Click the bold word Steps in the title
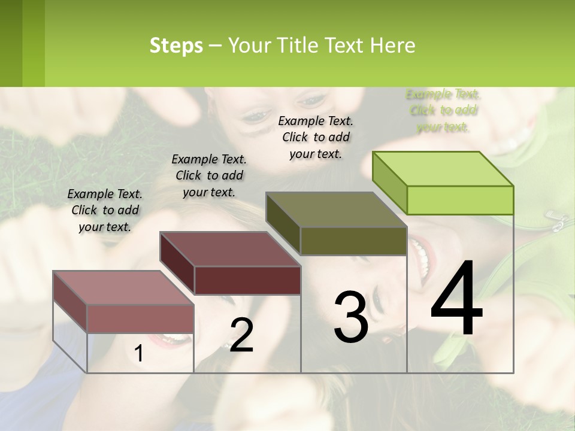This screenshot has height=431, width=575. (x=176, y=45)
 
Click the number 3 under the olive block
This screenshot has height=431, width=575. (x=351, y=317)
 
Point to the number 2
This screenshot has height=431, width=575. (x=241, y=335)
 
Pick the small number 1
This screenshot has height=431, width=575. (x=139, y=353)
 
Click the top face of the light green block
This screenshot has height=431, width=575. (x=443, y=169)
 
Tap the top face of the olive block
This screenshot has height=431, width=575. (x=336, y=210)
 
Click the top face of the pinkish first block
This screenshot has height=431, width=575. (x=123, y=288)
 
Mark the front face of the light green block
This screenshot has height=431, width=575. (x=460, y=200)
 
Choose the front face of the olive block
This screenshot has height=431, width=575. (x=353, y=241)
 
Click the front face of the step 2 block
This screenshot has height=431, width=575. (x=247, y=280)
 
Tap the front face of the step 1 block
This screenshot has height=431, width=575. (x=141, y=318)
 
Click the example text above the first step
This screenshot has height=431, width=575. (x=105, y=210)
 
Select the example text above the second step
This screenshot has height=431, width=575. (x=209, y=175)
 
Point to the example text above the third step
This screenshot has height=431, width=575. (x=316, y=137)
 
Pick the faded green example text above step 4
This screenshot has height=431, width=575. (x=443, y=110)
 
